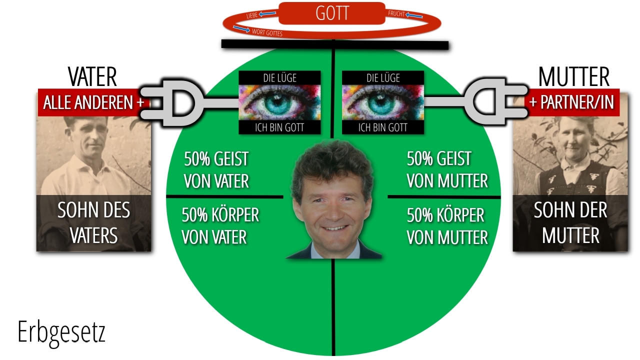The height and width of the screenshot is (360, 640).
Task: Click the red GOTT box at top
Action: click(331, 13)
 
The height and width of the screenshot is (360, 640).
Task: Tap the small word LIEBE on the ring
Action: click(252, 15)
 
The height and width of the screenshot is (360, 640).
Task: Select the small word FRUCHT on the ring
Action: click(396, 13)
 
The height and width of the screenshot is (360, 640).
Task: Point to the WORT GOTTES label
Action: click(267, 33)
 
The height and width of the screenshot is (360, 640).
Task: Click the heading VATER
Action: click(92, 76)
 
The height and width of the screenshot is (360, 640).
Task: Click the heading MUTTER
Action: click(573, 76)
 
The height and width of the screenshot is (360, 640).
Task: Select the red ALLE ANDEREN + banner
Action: click(93, 102)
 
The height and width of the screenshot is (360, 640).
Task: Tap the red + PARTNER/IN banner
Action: click(571, 102)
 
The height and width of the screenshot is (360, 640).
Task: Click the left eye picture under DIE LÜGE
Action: click(279, 102)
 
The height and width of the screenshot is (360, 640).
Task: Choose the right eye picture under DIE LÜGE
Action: click(383, 102)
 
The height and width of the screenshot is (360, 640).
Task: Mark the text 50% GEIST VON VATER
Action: click(216, 170)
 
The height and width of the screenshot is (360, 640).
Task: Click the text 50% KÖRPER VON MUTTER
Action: click(447, 226)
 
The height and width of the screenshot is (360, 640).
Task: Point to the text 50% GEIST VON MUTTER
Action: click(447, 170)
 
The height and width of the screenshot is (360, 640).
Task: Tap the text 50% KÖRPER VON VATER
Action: click(220, 226)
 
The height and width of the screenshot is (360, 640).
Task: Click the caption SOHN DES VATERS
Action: click(93, 223)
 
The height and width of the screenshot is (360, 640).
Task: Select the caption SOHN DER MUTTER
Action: click(570, 223)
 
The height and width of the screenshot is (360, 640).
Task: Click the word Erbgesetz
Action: click(61, 333)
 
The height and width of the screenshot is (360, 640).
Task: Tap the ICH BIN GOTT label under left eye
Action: click(279, 127)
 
